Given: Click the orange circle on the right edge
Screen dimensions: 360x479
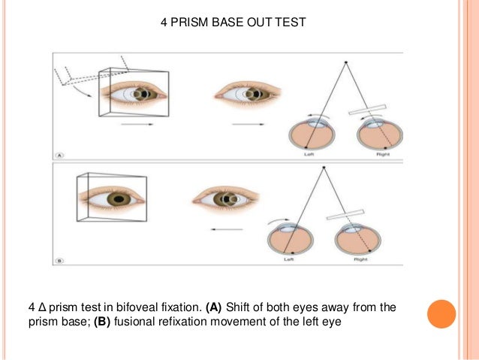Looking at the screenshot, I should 441,313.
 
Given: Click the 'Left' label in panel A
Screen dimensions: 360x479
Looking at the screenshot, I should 309,154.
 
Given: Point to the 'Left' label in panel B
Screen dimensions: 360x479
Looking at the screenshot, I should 289,260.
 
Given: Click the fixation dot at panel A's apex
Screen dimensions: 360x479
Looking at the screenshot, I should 345,62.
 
